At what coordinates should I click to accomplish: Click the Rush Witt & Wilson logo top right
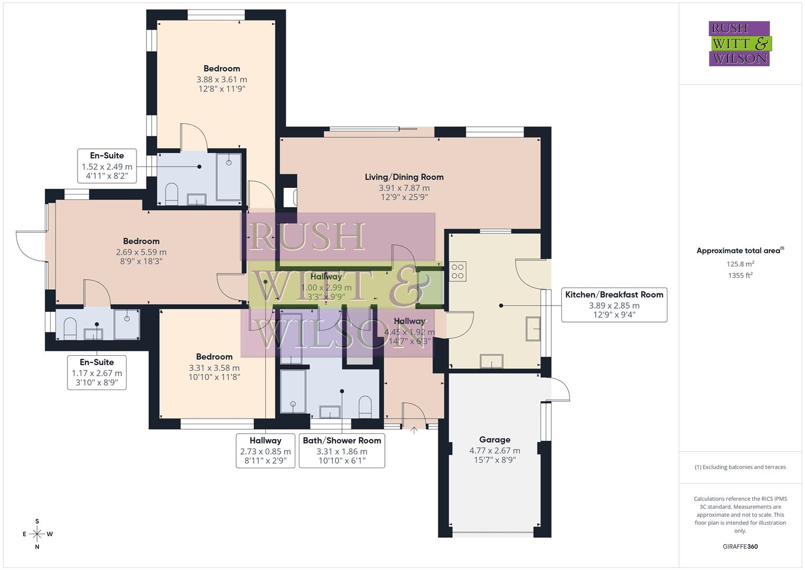click(739, 43)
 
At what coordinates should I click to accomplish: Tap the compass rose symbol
click(37, 534)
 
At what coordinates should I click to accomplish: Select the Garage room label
click(494, 440)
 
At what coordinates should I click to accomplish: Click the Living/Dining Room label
click(404, 177)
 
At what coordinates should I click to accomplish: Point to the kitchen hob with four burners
click(458, 271)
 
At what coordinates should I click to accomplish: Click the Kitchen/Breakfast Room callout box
click(614, 305)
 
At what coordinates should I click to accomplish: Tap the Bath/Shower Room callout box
click(342, 451)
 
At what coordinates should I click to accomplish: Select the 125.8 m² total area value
click(740, 264)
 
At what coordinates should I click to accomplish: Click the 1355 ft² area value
click(740, 275)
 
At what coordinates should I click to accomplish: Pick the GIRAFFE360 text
click(740, 546)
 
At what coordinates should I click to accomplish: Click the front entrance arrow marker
click(414, 430)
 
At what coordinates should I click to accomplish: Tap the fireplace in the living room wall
click(289, 197)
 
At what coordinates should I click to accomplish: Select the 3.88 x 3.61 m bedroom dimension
click(221, 80)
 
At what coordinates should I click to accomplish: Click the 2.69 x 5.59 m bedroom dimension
click(141, 252)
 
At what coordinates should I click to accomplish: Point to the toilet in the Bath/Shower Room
click(365, 406)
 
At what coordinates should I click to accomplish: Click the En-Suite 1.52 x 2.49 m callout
click(107, 166)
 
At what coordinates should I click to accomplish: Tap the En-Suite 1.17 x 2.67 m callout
click(96, 373)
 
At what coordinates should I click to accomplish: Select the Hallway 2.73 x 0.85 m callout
click(265, 451)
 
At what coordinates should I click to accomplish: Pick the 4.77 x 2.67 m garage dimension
click(494, 451)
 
